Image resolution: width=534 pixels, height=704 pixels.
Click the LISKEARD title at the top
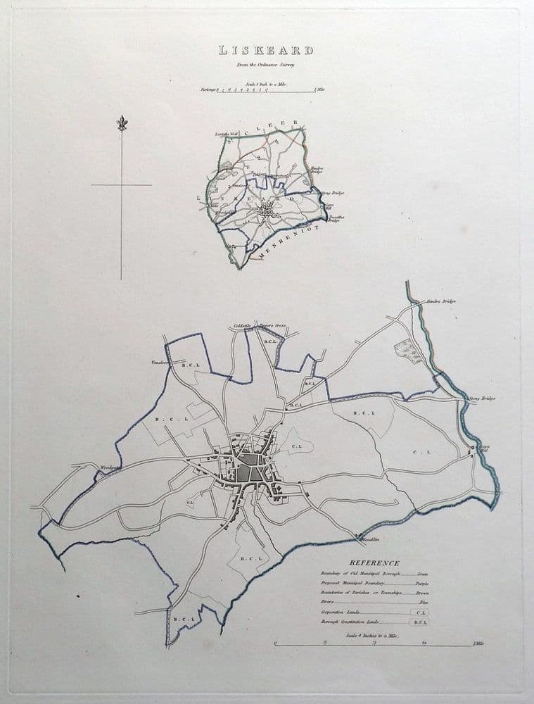click(265, 51)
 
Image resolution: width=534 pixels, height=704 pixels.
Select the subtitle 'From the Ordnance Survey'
click(265, 65)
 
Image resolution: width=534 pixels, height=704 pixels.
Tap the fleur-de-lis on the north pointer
click(121, 124)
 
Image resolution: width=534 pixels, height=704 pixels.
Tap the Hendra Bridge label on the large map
click(440, 301)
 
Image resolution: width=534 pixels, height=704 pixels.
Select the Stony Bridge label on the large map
click(482, 398)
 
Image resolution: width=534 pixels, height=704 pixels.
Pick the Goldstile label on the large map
click(242, 326)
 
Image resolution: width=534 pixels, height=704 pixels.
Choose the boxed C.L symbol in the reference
click(420, 613)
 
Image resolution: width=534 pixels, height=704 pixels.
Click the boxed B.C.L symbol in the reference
click(419, 623)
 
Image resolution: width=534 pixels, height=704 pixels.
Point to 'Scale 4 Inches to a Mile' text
click(372, 636)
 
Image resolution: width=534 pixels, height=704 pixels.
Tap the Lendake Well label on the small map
click(224, 134)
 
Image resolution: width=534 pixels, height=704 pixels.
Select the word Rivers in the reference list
click(329, 603)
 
